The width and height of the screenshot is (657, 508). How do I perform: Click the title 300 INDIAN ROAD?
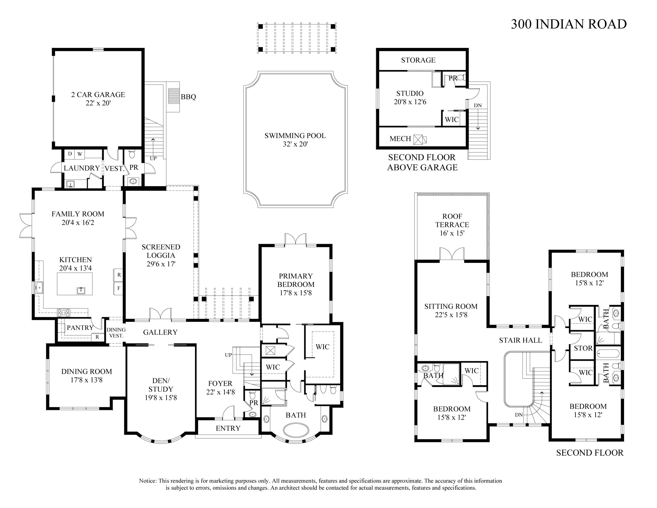568,24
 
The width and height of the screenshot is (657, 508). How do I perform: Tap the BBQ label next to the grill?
188,97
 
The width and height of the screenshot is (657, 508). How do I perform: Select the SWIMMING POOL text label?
295,136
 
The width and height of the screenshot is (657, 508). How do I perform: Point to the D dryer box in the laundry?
70,154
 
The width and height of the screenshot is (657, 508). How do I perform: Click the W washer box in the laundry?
80,154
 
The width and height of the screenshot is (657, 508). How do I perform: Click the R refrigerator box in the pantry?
97,337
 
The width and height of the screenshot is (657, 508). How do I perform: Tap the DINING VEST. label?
116,332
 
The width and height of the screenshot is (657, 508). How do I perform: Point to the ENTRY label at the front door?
228,428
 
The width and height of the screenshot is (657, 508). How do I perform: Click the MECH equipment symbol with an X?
418,140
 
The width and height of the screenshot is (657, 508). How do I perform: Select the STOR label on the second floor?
583,348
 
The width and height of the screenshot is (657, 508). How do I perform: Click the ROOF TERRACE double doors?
452,254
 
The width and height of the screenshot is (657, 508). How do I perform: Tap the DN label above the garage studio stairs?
478,105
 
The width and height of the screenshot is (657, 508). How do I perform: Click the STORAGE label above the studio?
418,60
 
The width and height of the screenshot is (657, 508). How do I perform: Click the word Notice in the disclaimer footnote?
147,481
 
